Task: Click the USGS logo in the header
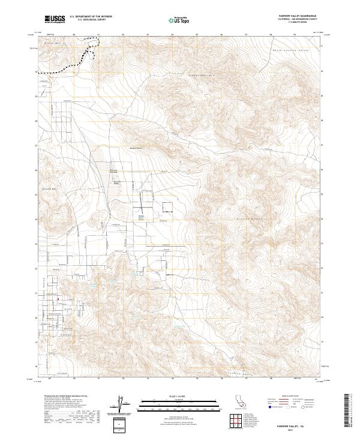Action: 55,20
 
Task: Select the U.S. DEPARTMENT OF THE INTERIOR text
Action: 91,17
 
